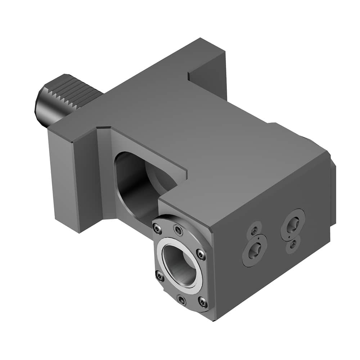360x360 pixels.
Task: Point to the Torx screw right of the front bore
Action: tap(201, 255)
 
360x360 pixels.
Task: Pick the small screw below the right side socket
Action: tap(293, 245)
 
